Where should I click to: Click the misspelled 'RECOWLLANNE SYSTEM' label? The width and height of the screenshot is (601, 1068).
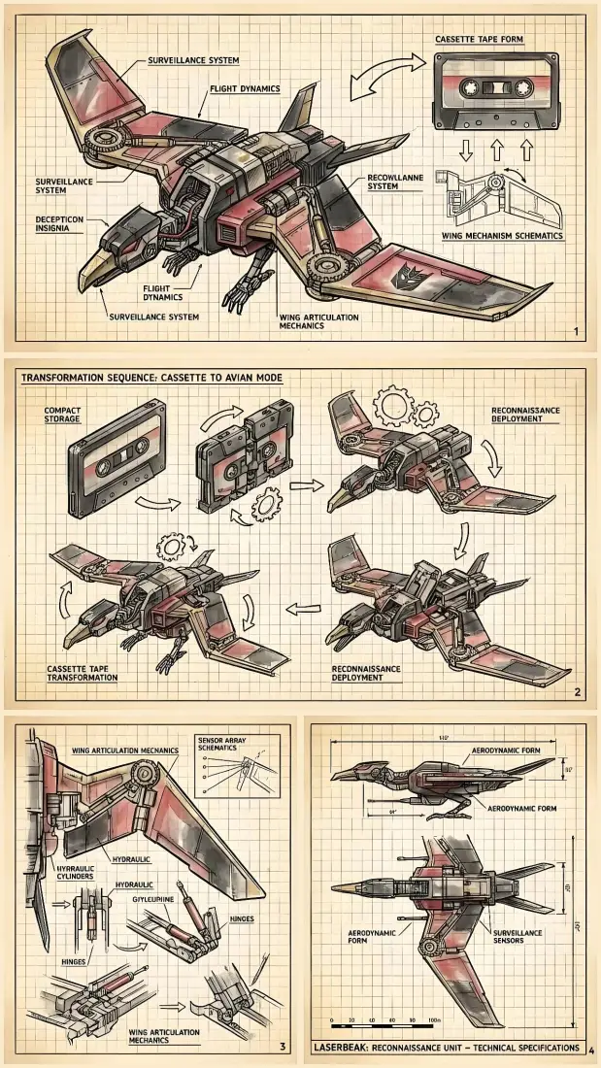pyautogui.click(x=396, y=182)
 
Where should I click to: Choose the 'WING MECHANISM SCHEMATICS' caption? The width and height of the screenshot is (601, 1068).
pyautogui.click(x=503, y=236)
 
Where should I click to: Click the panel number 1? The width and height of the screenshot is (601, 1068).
pyautogui.click(x=576, y=333)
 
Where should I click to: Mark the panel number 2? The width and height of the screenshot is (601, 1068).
pyautogui.click(x=577, y=692)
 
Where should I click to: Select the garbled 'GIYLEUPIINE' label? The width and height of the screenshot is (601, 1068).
pyautogui.click(x=155, y=898)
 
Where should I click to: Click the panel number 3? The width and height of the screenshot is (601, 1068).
pyautogui.click(x=282, y=1046)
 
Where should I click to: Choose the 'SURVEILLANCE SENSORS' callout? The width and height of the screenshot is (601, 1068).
pyautogui.click(x=520, y=936)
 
